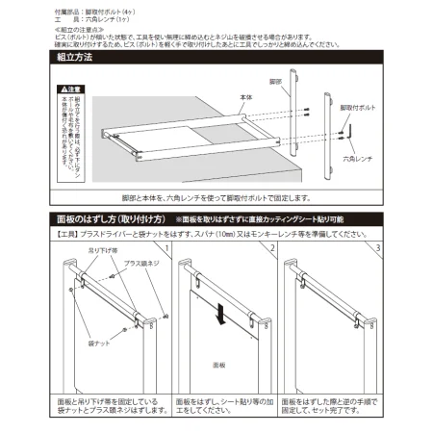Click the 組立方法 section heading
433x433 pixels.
(71, 59)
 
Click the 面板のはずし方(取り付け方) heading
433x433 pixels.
(106, 218)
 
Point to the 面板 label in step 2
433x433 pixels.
(218, 366)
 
